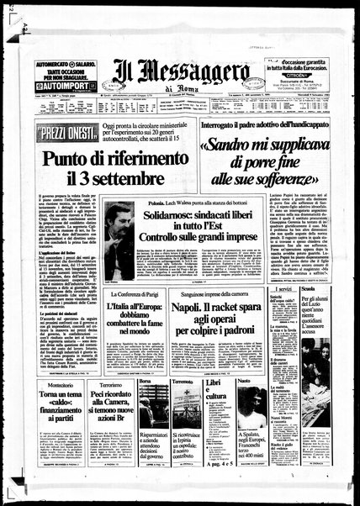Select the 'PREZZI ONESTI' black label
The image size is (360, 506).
(x=65, y=132)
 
